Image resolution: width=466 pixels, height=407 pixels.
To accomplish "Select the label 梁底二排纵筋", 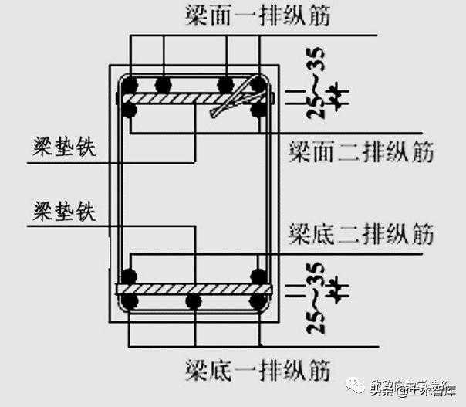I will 360,232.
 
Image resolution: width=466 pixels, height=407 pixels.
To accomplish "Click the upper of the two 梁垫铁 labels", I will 65,148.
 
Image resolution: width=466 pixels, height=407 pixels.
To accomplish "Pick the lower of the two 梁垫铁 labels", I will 65,211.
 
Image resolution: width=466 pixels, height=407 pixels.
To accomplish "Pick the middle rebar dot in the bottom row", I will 194,301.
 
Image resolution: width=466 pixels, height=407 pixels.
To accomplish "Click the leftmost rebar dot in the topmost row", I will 130,83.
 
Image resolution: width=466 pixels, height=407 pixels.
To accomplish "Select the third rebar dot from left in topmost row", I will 225,83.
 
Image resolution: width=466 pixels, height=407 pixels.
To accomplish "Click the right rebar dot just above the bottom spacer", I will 258,276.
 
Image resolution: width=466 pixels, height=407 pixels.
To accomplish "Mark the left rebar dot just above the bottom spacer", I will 130,276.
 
